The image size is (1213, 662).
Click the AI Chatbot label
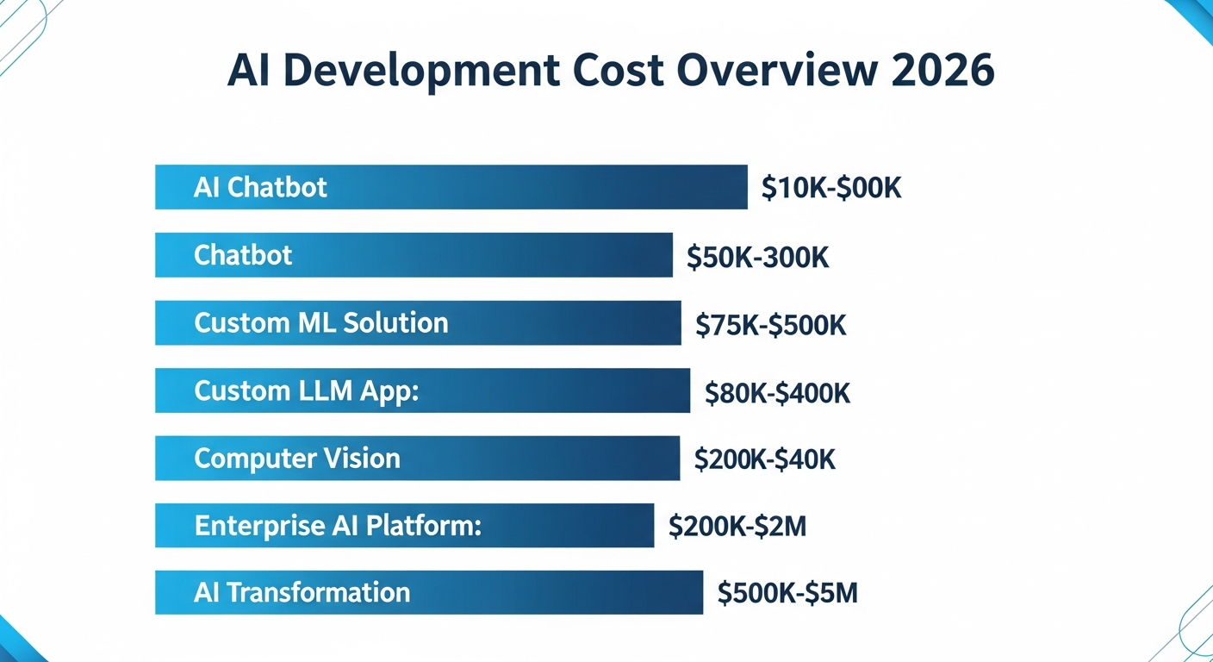click(x=260, y=188)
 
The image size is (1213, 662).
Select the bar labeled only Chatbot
click(x=414, y=255)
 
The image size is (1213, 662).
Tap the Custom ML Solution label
click(x=320, y=323)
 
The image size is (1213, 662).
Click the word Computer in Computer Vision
click(x=250, y=458)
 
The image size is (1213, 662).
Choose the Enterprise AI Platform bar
click(x=404, y=526)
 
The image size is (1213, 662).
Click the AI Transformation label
click(x=302, y=593)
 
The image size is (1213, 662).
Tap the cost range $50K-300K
click(x=757, y=257)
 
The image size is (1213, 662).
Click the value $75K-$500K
click(x=770, y=325)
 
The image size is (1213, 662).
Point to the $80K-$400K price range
click(x=777, y=393)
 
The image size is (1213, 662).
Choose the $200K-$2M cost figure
click(x=737, y=527)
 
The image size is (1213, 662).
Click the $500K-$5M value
click(x=787, y=594)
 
